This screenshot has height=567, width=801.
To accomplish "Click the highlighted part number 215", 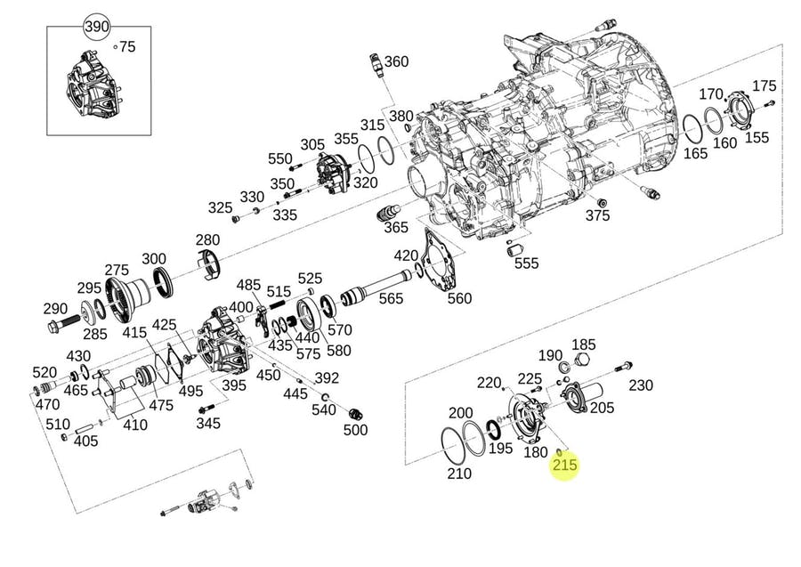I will [565, 465].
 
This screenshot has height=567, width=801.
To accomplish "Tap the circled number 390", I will [96, 27].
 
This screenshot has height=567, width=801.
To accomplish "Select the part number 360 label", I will [396, 61].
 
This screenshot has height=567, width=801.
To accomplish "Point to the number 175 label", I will [765, 86].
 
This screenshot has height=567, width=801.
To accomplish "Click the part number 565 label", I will [391, 300].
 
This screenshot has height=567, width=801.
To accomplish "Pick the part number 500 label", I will [355, 430].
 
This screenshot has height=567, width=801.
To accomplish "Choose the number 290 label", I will [55, 309].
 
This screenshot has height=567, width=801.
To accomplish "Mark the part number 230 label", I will [641, 385].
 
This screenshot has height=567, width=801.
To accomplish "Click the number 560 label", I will [459, 298].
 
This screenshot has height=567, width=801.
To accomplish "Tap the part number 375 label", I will [598, 216].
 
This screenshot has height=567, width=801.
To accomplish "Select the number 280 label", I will [207, 240].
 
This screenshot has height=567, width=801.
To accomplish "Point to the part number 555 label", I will [527, 263].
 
